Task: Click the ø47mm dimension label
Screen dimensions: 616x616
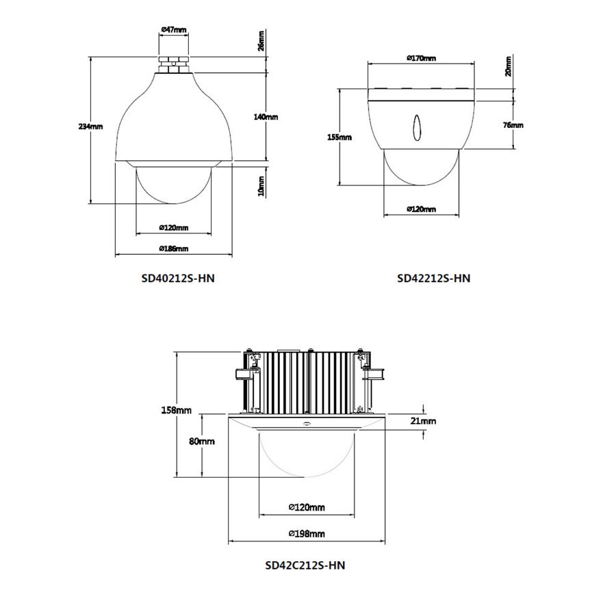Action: click(x=174, y=29)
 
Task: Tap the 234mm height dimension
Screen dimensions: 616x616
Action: click(x=90, y=127)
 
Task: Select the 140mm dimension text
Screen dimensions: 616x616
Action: click(x=266, y=116)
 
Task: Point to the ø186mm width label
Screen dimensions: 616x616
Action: click(x=174, y=248)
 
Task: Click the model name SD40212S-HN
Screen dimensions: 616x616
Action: click(x=178, y=278)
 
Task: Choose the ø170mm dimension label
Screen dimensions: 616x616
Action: click(x=421, y=58)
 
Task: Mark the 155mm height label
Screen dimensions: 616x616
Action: click(x=339, y=137)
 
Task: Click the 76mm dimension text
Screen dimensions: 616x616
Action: click(x=513, y=125)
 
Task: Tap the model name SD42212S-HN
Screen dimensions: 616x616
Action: click(x=434, y=278)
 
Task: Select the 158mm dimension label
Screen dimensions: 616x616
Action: click(x=177, y=410)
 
